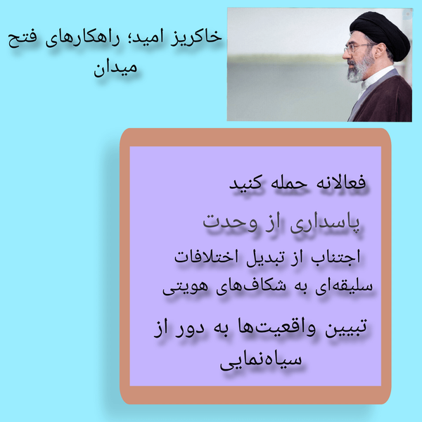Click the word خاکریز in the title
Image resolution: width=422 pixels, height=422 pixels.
tap(197, 37)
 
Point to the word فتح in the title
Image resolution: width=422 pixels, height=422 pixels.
tap(22, 40)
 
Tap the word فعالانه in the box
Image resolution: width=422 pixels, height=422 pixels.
tap(340, 182)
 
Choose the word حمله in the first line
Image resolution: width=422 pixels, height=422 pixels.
tap(289, 183)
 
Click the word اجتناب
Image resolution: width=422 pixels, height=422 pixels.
tap(335, 257)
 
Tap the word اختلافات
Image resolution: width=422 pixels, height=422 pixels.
tap(206, 256)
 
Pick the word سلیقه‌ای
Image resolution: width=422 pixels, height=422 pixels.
tap(344, 287)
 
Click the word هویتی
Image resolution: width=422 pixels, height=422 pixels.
tap(185, 288)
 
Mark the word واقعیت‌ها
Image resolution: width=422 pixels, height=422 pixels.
tap(277, 328)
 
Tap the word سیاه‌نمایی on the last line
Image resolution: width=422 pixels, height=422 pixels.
tap(260, 361)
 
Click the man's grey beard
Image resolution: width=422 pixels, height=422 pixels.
tap(359, 69)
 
